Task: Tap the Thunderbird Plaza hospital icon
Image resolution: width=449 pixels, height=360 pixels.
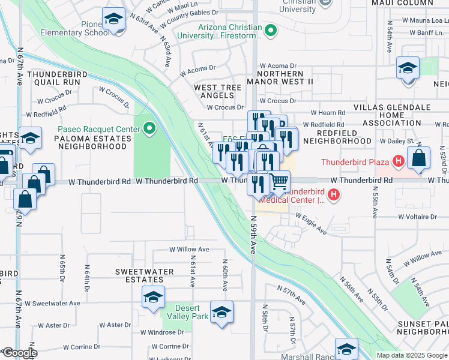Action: pyautogui.click(x=397, y=161)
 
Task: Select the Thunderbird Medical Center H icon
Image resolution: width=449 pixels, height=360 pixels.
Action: pyautogui.click(x=334, y=195)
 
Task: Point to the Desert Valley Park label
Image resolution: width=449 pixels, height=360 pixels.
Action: pyautogui.click(x=191, y=312)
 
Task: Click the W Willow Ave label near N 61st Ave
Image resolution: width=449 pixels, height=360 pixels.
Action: pyautogui.click(x=189, y=249)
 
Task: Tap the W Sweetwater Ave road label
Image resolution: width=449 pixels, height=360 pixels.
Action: pyautogui.click(x=56, y=304)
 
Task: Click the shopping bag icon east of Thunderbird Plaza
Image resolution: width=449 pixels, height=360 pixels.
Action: pyautogui.click(x=418, y=158)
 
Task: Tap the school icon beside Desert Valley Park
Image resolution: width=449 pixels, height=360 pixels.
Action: pyautogui.click(x=221, y=312)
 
